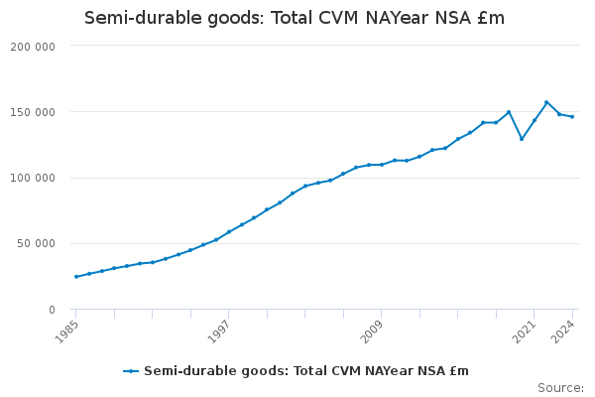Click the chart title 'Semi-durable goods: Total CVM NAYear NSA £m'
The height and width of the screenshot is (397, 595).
(x=295, y=18)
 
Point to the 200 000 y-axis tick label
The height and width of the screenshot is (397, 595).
(x=34, y=47)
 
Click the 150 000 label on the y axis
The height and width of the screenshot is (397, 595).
(x=34, y=112)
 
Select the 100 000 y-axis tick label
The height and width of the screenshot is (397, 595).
(x=34, y=179)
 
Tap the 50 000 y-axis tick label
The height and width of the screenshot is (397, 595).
(x=37, y=244)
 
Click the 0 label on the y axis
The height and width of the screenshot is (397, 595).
(x=51, y=310)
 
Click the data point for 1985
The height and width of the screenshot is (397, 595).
(x=76, y=277)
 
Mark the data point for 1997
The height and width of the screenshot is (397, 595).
(x=229, y=232)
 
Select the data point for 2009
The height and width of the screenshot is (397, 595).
(x=382, y=165)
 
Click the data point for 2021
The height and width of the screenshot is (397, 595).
(x=535, y=121)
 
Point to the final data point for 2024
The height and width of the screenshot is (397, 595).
(x=572, y=117)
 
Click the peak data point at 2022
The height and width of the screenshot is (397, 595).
(x=546, y=102)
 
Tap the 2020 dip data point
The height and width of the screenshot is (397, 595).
(x=522, y=139)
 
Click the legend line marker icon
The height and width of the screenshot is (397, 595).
(x=131, y=371)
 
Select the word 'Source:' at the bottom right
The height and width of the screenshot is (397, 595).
(x=560, y=387)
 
